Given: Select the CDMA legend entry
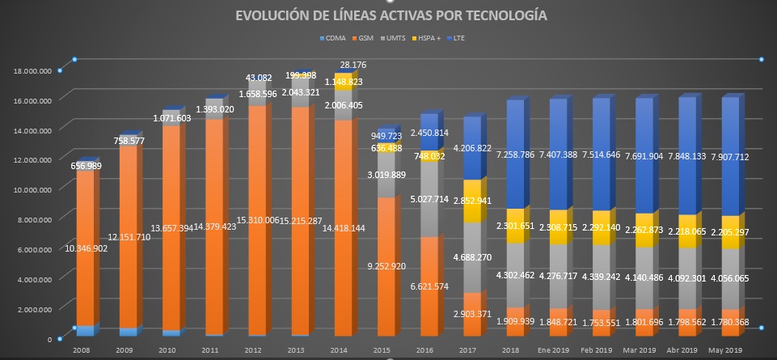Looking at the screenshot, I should click(332, 38).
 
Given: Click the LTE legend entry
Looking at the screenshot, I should click(459, 38).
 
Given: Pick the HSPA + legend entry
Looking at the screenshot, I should click(427, 38).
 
